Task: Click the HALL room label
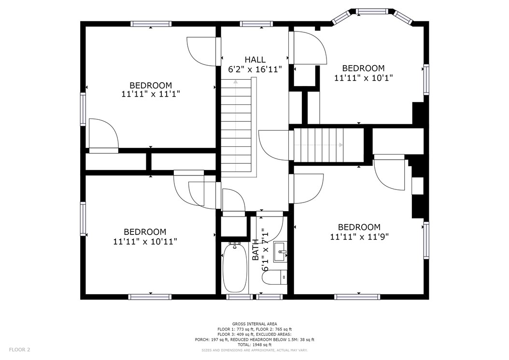[x=255, y=60]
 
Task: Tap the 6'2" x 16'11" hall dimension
[x=255, y=69]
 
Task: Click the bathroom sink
[x=280, y=252]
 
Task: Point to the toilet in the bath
[x=275, y=277]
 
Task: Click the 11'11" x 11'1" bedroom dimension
[x=151, y=94]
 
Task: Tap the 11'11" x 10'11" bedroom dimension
[x=145, y=242]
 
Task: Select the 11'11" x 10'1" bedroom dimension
[x=364, y=78]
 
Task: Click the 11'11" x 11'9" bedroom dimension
[x=359, y=237]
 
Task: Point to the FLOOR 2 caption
[x=19, y=350]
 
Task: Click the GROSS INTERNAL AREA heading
[x=254, y=324]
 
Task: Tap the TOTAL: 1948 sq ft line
[x=254, y=345]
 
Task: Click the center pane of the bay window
[x=372, y=12]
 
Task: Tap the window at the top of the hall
[x=256, y=24]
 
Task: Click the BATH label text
[x=256, y=249]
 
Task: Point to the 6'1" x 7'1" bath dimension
[x=266, y=249]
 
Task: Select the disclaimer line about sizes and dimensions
[x=254, y=350]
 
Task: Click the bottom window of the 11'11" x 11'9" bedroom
[x=357, y=297]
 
